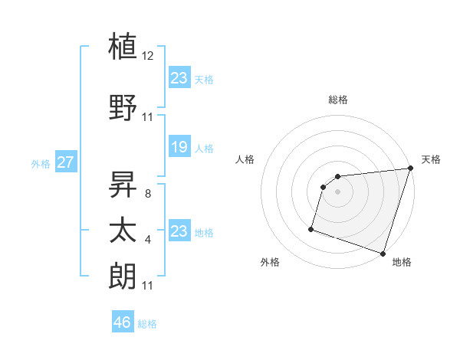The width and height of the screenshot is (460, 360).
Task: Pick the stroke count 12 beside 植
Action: click(148, 56)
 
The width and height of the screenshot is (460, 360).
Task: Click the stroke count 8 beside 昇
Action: click(147, 194)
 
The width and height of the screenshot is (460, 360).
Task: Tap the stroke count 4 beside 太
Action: click(147, 240)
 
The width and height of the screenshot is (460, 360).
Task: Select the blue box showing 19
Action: click(179, 147)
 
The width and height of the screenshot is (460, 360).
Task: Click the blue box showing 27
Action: click(66, 162)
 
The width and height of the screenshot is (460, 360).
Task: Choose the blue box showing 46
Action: click(123, 322)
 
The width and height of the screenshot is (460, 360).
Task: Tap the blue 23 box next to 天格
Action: click(179, 78)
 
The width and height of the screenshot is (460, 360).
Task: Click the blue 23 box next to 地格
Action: click(179, 231)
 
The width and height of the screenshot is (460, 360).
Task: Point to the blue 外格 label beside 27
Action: click(41, 163)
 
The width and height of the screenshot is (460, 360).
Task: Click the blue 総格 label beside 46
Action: click(147, 324)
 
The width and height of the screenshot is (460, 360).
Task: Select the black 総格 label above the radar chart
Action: click(338, 100)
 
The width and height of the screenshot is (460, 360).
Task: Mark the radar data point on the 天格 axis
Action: click(411, 169)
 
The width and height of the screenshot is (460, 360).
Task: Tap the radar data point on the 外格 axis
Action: click(311, 228)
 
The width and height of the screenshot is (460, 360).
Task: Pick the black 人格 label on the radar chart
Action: click(245, 159)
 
